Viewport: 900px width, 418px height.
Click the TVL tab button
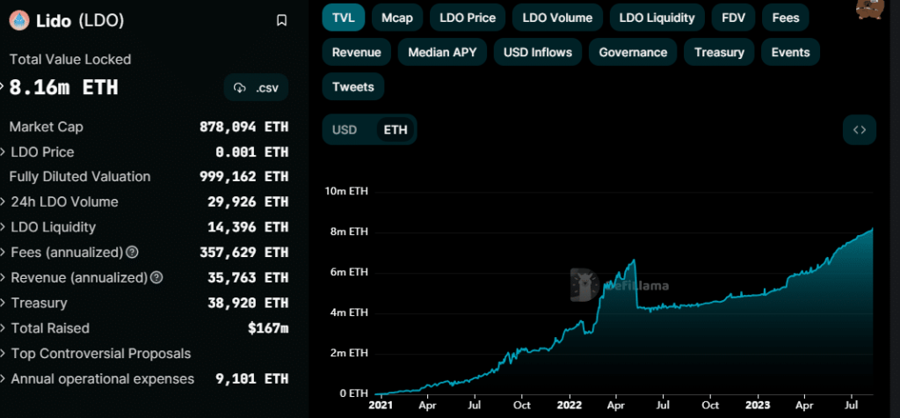click(343, 17)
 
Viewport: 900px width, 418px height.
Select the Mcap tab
click(398, 17)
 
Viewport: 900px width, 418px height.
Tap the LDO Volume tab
click(557, 17)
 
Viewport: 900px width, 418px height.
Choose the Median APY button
click(442, 52)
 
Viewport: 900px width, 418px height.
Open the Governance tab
click(633, 52)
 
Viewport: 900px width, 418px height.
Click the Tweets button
click(353, 87)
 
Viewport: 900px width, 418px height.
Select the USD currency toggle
click(345, 129)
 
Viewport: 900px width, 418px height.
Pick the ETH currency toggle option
click(396, 129)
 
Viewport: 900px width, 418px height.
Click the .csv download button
click(256, 88)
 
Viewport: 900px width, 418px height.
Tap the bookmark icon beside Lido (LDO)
click(281, 20)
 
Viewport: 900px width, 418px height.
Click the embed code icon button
click(859, 129)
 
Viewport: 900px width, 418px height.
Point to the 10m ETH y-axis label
click(346, 191)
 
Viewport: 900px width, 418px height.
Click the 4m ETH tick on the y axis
click(349, 312)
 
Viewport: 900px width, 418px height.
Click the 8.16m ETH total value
click(63, 88)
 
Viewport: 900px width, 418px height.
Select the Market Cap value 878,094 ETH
click(243, 127)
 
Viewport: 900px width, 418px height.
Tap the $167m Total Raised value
click(269, 328)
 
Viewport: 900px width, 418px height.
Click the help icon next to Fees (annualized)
click(132, 253)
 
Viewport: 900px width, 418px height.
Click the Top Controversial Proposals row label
click(100, 354)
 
